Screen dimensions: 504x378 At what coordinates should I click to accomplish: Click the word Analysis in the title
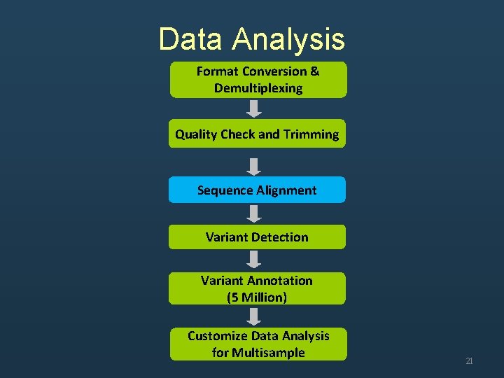click(289, 39)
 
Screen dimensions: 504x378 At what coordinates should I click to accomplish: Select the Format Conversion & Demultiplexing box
click(258, 80)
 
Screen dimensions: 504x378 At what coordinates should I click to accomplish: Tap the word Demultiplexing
click(258, 88)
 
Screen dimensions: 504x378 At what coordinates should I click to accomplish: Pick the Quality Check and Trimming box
click(257, 134)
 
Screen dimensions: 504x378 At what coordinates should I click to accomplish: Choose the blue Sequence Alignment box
click(257, 190)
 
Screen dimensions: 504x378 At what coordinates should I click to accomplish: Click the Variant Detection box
click(257, 237)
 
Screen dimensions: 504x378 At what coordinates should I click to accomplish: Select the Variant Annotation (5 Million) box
click(257, 288)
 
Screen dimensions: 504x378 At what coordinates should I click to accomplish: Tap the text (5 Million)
click(257, 297)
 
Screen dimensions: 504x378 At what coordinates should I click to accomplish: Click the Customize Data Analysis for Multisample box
click(258, 344)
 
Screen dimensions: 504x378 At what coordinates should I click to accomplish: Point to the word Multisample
click(258, 352)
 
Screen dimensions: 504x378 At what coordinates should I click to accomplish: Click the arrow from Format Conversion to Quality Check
click(255, 108)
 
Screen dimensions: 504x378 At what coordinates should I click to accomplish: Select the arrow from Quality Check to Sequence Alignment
click(255, 166)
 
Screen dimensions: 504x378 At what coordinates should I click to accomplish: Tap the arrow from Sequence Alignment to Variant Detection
click(255, 213)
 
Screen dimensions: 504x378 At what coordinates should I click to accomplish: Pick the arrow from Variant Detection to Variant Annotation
click(255, 260)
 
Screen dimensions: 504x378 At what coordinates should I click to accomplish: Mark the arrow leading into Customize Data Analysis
click(255, 316)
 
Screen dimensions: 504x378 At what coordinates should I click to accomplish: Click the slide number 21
click(469, 361)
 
